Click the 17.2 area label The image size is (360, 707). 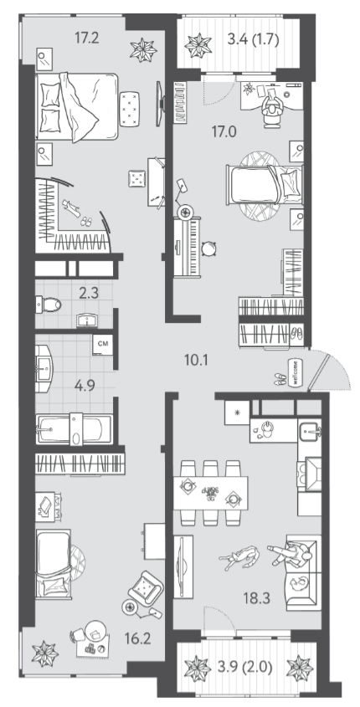tap(86, 38)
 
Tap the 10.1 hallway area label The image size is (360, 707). tap(196, 360)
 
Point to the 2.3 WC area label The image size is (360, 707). tap(89, 294)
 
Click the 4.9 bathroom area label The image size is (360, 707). tap(85, 387)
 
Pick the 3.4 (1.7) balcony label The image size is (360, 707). tap(253, 39)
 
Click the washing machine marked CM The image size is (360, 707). tap(102, 345)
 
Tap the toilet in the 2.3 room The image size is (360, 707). tap(48, 305)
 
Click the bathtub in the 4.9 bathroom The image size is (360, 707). tap(75, 429)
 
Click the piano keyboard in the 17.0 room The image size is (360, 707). tap(188, 247)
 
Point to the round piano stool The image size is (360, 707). tap(210, 248)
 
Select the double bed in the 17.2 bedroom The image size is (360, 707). tap(77, 107)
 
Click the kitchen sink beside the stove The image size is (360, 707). tap(310, 430)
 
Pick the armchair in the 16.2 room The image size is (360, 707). tap(146, 587)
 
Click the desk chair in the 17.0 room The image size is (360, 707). tap(272, 112)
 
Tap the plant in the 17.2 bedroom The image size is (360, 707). tap(143, 49)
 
